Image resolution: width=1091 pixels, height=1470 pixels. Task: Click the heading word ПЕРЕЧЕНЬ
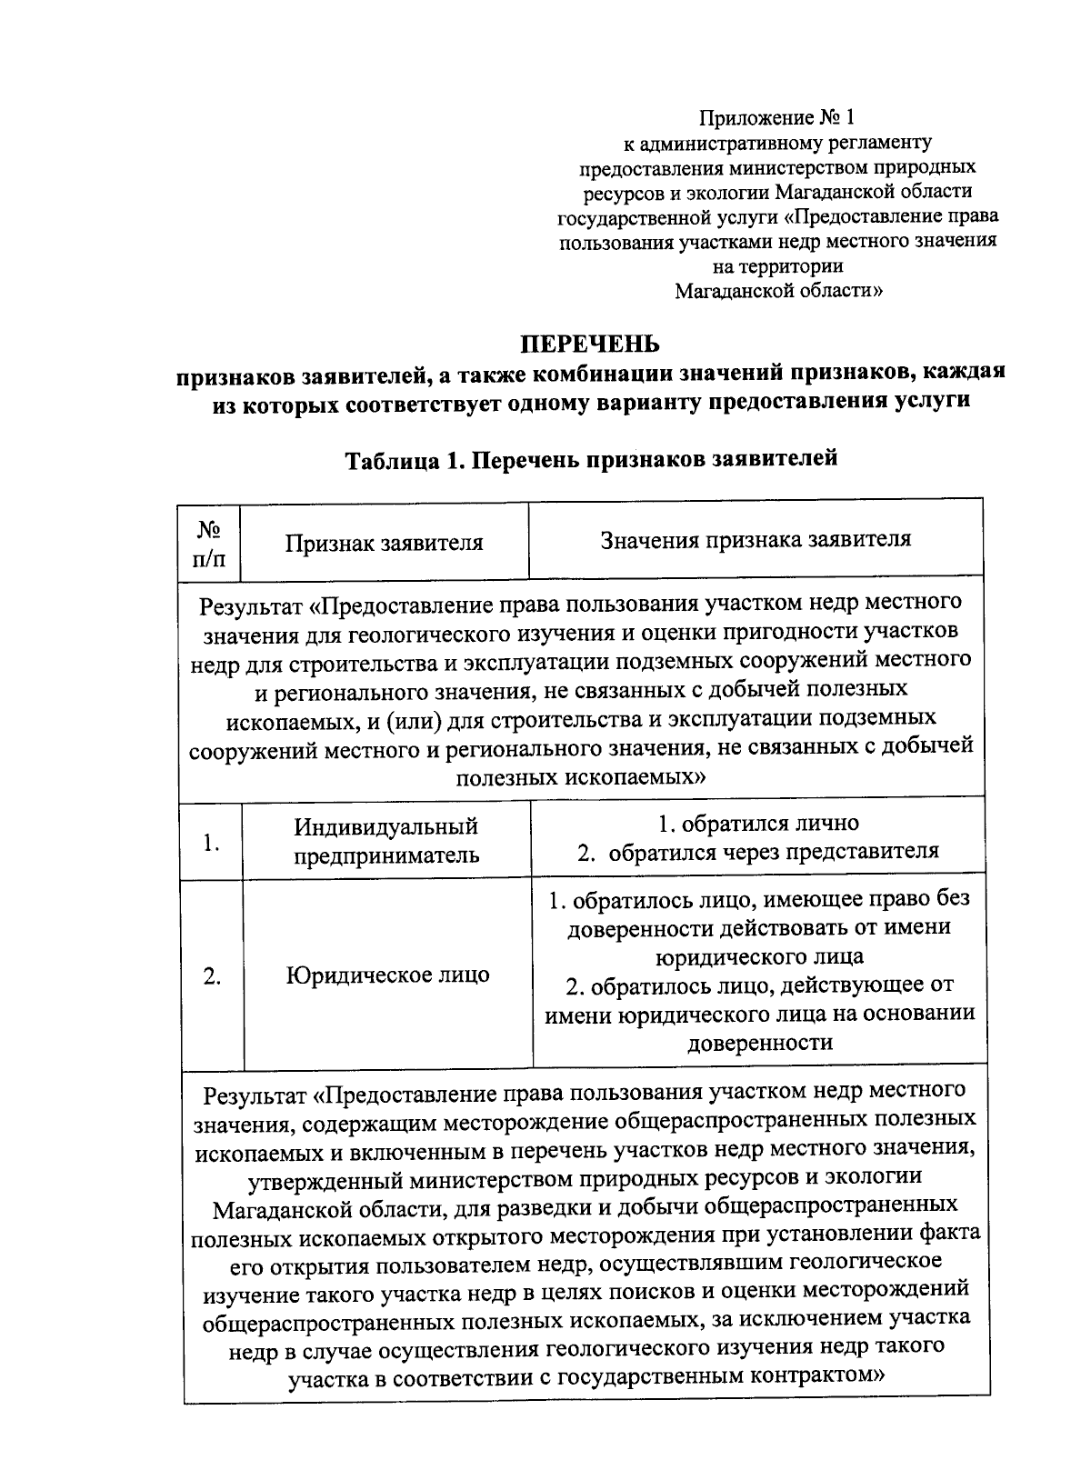point(589,344)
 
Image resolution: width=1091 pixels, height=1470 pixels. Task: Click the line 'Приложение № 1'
point(777,117)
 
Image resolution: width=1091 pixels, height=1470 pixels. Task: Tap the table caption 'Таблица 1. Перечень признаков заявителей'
point(591,459)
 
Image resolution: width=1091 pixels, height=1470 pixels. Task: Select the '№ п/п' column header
point(210,543)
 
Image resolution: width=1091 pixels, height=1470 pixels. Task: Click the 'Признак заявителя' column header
point(384,544)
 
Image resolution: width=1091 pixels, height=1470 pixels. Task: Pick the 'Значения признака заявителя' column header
point(756,539)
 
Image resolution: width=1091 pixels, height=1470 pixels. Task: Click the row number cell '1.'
point(212,843)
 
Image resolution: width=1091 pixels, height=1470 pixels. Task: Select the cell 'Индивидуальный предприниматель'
point(386,841)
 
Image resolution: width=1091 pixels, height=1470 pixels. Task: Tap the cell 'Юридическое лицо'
point(388,975)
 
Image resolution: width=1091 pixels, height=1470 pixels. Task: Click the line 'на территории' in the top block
point(777,266)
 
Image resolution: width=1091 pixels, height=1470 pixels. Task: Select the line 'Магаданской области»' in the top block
point(777,291)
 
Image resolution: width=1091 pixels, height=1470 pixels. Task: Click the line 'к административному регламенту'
point(777,143)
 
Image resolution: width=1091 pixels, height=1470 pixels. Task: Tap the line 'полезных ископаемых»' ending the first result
point(581,777)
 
